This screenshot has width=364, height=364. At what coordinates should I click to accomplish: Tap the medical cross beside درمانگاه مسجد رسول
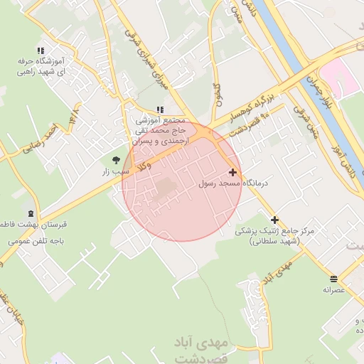[232, 172]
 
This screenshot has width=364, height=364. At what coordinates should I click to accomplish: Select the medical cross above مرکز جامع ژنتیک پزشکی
[274, 220]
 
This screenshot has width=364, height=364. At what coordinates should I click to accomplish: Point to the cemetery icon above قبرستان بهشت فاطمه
[31, 213]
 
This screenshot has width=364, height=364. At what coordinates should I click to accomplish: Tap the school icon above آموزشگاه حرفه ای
[41, 50]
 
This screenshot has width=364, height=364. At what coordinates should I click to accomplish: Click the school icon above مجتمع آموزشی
[160, 109]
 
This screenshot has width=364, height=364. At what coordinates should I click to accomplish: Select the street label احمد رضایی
[40, 139]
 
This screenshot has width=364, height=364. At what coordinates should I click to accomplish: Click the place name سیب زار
[116, 172]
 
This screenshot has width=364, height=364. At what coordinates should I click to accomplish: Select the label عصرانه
[333, 289]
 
